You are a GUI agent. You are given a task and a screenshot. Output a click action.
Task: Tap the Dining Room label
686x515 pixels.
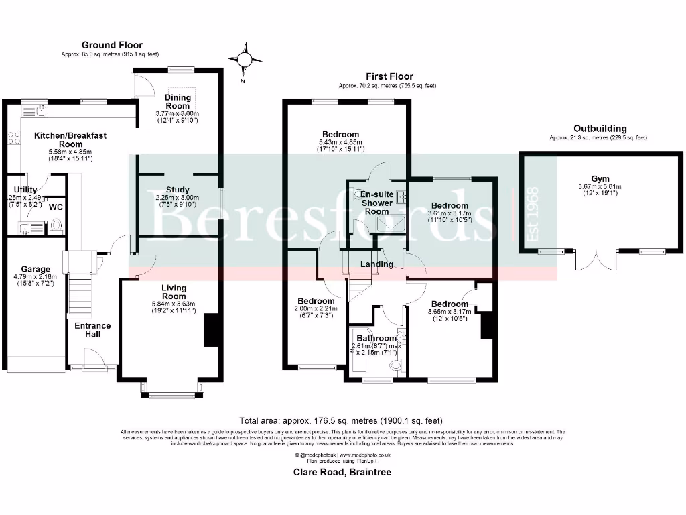click(178, 101)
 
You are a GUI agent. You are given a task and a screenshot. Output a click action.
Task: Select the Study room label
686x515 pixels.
click(178, 190)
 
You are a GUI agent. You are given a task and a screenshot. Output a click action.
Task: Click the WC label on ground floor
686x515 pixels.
click(56, 207)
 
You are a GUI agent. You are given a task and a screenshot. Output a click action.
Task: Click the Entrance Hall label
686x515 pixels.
click(92, 329)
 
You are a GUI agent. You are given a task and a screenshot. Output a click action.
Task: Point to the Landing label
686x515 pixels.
click(377, 264)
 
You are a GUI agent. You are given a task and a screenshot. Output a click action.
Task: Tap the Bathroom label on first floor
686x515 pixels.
click(376, 338)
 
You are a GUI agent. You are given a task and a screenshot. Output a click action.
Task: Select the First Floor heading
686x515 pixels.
click(389, 76)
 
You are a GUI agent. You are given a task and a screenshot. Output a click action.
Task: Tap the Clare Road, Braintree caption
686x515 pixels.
click(342, 472)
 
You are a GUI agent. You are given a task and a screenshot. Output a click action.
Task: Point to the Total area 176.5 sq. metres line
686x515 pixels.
click(342, 420)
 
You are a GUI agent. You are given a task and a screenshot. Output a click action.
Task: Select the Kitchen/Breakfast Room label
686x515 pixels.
click(70, 139)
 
